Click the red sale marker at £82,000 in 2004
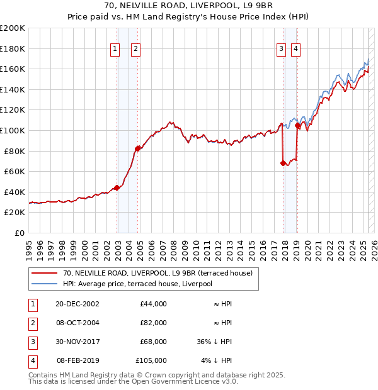tap(137, 148)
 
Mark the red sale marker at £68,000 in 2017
tap(283, 163)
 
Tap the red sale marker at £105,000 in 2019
tap(297, 126)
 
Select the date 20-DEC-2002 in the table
tap(77, 304)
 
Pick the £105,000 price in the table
tap(151, 360)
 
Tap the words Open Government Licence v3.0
tap(187, 381)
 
